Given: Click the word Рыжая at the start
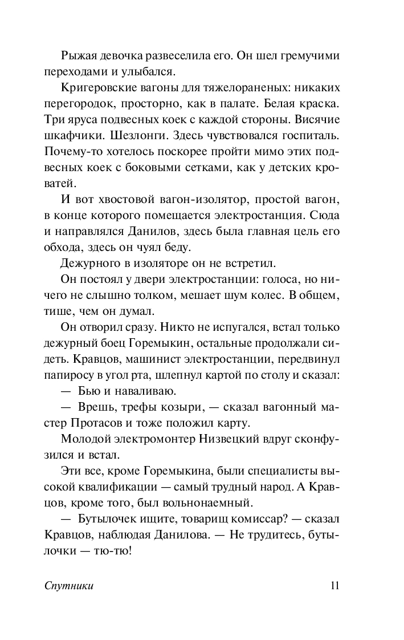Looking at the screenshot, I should [x=77, y=56].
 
